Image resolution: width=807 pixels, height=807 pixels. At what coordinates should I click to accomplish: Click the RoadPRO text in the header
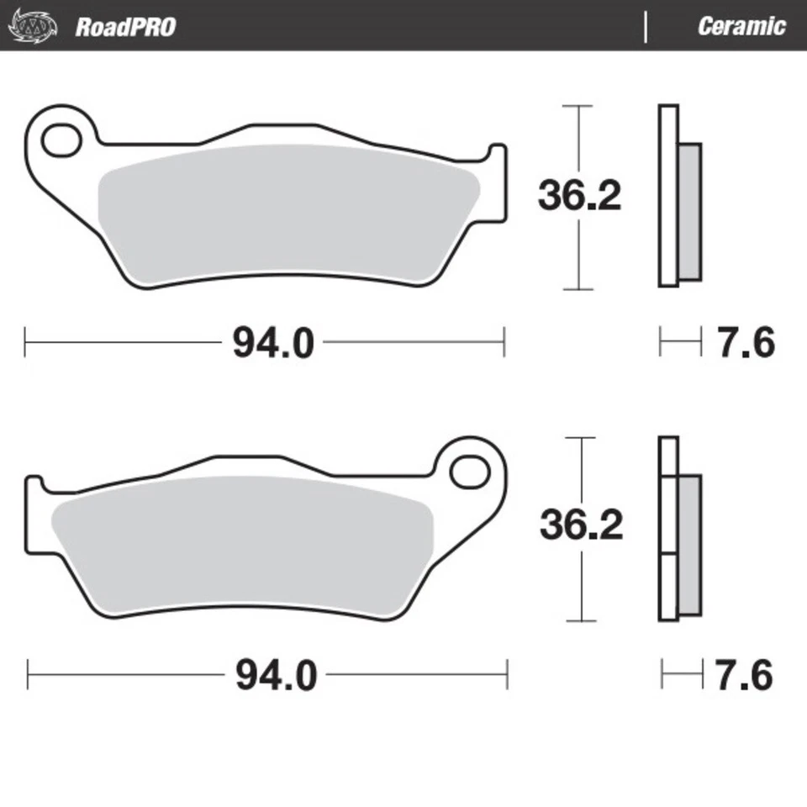125,26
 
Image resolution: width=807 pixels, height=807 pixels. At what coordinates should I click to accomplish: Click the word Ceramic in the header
741,26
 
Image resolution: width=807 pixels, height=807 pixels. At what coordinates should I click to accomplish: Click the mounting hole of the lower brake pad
470,472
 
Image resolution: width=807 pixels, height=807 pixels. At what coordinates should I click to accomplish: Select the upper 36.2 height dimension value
580,197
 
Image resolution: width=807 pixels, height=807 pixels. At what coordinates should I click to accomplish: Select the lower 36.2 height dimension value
582,526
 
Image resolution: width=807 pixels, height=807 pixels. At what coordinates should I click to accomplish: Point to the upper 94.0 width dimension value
273,343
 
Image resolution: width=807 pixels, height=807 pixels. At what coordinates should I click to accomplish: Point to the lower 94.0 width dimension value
276,675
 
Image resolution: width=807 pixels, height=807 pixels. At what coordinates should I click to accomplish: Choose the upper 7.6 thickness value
746,343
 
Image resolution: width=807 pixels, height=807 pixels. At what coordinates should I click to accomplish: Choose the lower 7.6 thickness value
744,675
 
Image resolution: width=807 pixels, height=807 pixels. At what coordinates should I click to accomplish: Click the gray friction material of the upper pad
286,214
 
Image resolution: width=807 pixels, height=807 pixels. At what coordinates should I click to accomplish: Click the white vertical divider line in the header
646,27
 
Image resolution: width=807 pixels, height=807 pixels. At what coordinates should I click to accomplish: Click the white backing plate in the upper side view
668,196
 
